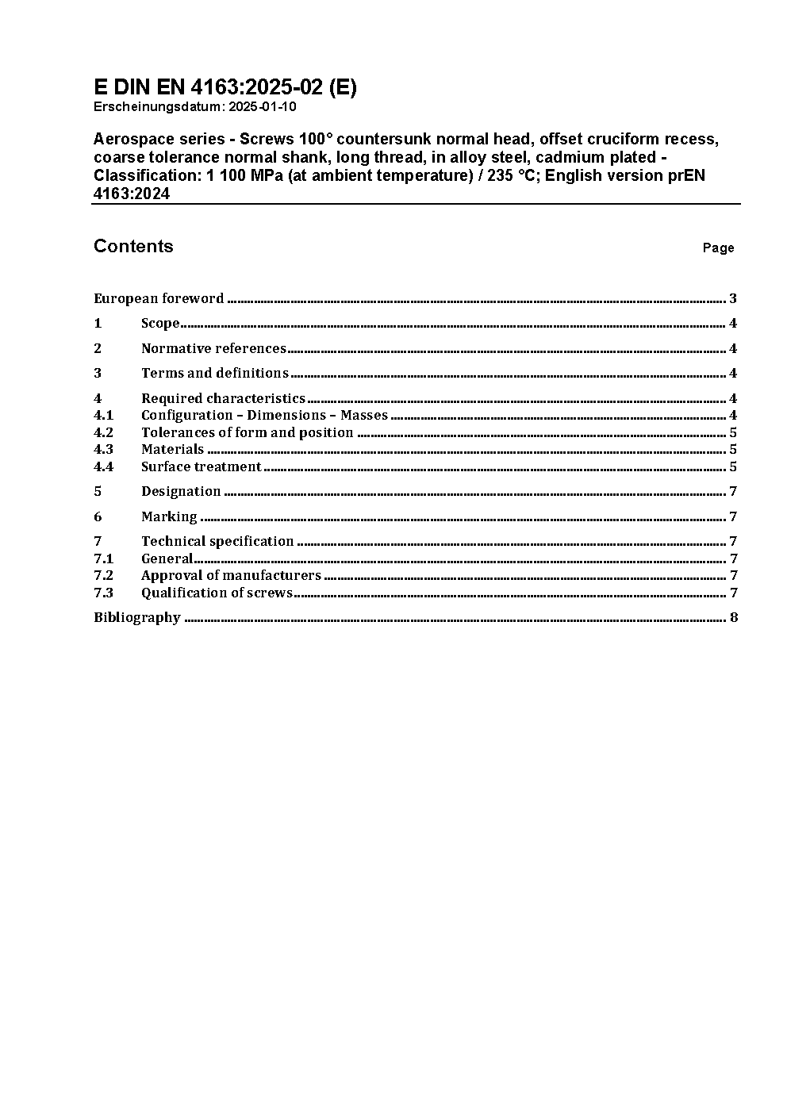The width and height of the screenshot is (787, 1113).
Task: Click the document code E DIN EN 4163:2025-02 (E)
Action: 225,87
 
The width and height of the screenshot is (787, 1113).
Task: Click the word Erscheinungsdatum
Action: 155,107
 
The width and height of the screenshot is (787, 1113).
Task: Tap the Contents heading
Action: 133,246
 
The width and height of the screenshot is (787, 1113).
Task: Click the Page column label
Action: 718,248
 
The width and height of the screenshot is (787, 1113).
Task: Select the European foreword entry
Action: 159,299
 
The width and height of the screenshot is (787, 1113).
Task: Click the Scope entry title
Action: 160,324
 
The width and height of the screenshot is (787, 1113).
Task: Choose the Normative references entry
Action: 213,348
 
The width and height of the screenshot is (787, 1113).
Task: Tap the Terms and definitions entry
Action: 214,373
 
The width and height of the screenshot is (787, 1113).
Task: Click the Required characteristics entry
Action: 223,398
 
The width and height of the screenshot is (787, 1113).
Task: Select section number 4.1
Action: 103,416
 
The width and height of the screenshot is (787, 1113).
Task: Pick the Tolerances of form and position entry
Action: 247,432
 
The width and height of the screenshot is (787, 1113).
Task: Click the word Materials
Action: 172,450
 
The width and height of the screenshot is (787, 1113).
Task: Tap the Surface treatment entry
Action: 201,466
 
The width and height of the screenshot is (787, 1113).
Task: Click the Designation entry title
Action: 181,492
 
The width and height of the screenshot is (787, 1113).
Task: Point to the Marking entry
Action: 169,516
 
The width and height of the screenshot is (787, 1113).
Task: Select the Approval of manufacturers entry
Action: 231,576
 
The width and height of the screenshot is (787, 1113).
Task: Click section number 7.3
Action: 103,593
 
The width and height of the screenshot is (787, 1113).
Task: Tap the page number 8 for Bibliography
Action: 734,618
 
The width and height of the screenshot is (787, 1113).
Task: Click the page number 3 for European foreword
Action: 733,299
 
